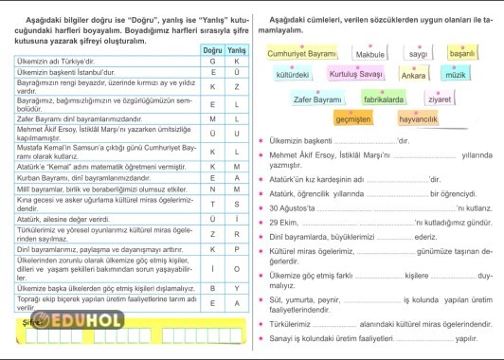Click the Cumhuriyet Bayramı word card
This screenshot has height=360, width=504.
pyautogui.click(x=302, y=55)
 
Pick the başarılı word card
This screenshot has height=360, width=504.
pyautogui.click(x=462, y=54)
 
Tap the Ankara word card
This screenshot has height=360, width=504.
pyautogui.click(x=414, y=74)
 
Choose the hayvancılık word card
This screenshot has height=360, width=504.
pyautogui.click(x=418, y=119)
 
